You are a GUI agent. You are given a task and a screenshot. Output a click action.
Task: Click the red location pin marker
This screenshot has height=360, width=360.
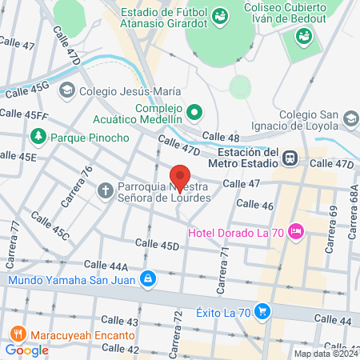pyautogui.click(x=180, y=177)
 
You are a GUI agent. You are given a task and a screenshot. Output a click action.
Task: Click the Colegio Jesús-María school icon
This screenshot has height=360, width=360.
pyautogui.click(x=70, y=91)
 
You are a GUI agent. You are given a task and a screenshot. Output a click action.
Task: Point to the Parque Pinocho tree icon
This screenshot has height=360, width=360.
pyautogui.click(x=38, y=138)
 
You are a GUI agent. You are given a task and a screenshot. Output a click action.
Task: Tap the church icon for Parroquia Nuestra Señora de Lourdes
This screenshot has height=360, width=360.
pyautogui.click(x=105, y=190)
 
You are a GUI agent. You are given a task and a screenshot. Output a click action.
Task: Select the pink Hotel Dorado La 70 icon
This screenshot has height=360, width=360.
pyautogui.click(x=297, y=232)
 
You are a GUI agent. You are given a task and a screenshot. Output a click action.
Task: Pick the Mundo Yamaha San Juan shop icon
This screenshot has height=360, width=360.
pyautogui.click(x=146, y=279)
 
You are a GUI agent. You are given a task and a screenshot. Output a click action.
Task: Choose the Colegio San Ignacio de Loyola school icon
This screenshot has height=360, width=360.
pyautogui.click(x=350, y=118)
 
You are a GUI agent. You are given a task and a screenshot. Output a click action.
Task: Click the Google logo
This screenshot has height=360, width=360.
pyautogui.click(x=26, y=350)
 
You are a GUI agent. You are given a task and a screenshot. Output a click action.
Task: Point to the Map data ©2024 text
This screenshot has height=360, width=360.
pyautogui.click(x=326, y=353)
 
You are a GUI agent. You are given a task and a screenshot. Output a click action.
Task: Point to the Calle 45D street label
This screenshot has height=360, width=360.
pyautogui.click(x=157, y=245)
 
